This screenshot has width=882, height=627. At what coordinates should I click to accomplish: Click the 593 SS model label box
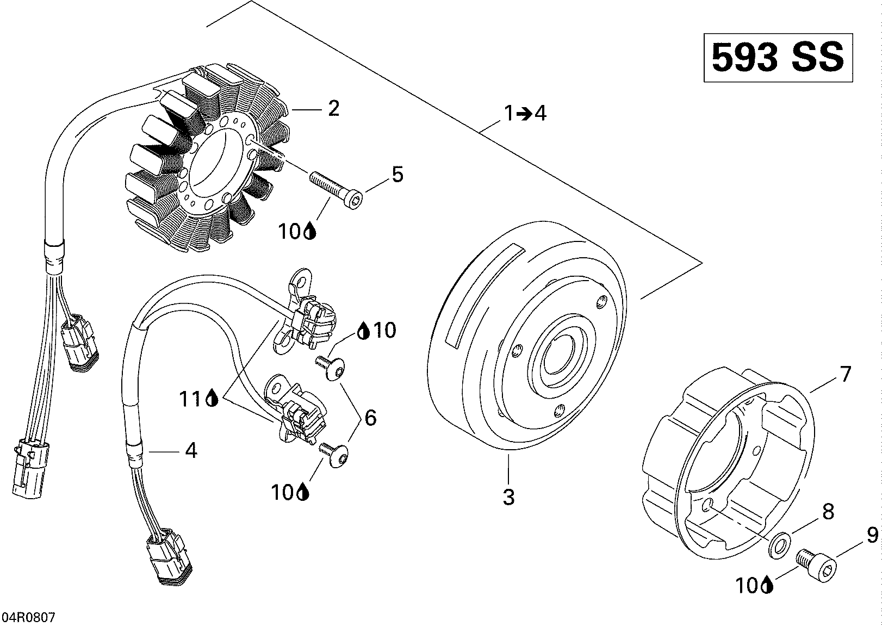point(778,58)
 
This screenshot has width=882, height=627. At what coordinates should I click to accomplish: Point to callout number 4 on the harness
point(191,450)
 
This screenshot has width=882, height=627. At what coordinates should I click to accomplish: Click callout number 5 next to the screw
point(397,175)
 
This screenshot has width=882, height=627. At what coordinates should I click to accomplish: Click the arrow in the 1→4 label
point(524,114)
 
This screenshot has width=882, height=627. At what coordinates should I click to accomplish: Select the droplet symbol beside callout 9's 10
point(767,585)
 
